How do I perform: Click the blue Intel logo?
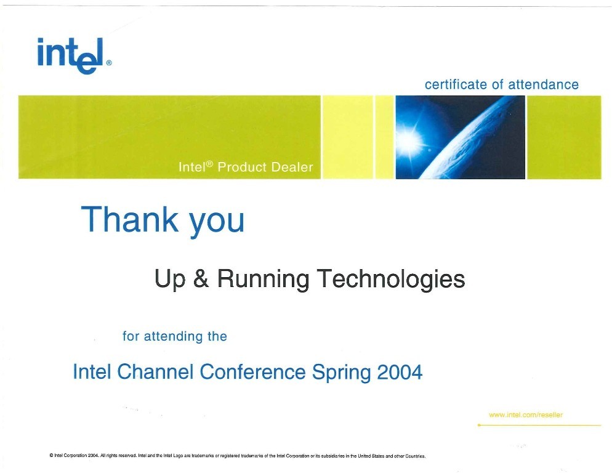point(71,55)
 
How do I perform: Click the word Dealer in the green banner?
point(292,167)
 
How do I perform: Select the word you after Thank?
point(217,222)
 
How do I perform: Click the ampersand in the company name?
point(201,278)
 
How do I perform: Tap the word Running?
point(263,280)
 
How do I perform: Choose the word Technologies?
point(391,280)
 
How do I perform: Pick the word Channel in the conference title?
point(155,371)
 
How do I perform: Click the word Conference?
point(252,371)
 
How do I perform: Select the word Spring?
point(341,373)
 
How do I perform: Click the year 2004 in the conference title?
point(400,372)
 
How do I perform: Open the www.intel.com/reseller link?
point(526,415)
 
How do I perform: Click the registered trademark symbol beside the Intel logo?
point(109,62)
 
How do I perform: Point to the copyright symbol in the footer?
point(52,455)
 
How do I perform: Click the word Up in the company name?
point(170,280)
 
